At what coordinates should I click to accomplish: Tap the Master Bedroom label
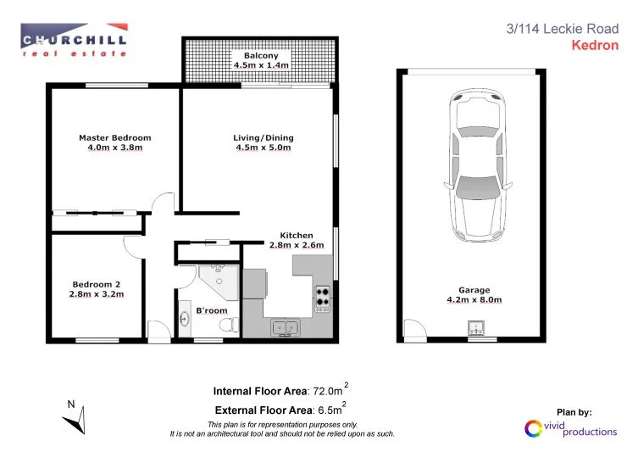coord(114,137)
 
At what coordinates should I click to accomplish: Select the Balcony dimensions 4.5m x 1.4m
coord(262,65)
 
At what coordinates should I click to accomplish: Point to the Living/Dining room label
coord(262,137)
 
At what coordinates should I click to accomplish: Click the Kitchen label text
coord(297,235)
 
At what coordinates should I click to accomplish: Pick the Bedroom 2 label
coord(97,284)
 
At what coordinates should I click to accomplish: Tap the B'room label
coord(212,311)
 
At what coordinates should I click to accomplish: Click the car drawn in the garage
coord(472,166)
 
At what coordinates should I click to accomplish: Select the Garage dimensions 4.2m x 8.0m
coord(474,300)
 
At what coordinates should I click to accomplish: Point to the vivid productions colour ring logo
coord(534,428)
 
